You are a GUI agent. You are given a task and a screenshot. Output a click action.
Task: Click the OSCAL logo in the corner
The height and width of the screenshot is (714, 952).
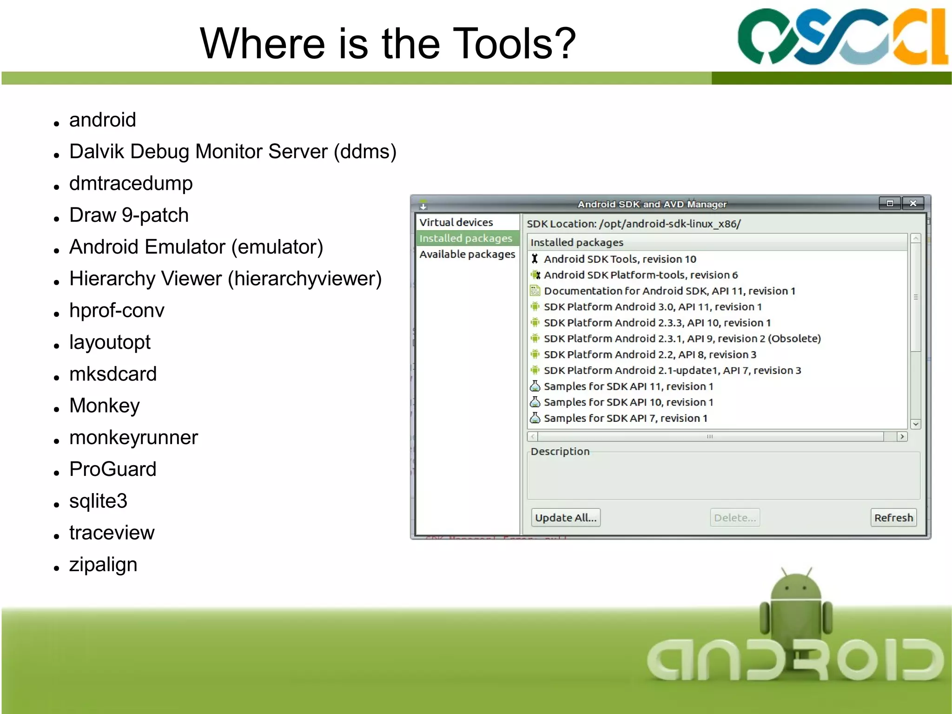[841, 36]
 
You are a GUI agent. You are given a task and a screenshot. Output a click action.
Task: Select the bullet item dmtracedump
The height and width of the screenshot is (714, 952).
[131, 183]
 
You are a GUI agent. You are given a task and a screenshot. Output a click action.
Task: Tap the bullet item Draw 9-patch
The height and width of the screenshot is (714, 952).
[129, 215]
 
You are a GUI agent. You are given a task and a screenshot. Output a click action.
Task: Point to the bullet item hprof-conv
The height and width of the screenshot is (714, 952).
[117, 310]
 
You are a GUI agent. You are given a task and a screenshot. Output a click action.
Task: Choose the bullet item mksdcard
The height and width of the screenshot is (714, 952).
[113, 374]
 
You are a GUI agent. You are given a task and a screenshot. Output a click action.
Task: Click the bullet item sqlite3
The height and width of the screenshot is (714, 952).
[98, 501]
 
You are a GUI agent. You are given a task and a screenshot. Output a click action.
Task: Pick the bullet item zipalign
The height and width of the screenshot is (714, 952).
[103, 565]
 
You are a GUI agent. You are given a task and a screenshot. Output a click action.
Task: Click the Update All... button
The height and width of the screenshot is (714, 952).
[565, 518]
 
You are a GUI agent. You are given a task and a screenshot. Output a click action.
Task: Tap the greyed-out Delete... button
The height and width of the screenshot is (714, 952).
[735, 518]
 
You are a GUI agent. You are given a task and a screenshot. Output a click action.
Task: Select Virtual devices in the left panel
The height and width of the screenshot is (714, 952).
[456, 222]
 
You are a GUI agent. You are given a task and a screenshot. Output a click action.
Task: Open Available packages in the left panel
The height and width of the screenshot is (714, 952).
[467, 254]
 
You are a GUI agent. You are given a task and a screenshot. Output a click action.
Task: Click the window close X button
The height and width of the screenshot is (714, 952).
[913, 203]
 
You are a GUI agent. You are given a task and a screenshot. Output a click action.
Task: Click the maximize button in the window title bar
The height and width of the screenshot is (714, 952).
[890, 203]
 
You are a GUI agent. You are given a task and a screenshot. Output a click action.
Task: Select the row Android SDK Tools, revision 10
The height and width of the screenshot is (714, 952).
[620, 259]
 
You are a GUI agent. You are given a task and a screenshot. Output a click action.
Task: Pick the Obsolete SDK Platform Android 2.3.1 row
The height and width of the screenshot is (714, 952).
[682, 339]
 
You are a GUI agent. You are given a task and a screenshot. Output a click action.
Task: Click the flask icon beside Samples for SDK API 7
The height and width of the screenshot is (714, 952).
[535, 418]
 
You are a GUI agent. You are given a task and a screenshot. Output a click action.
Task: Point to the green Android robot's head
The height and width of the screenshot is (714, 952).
[795, 587]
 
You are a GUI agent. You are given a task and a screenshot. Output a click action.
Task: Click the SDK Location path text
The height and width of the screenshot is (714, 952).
[669, 224]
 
